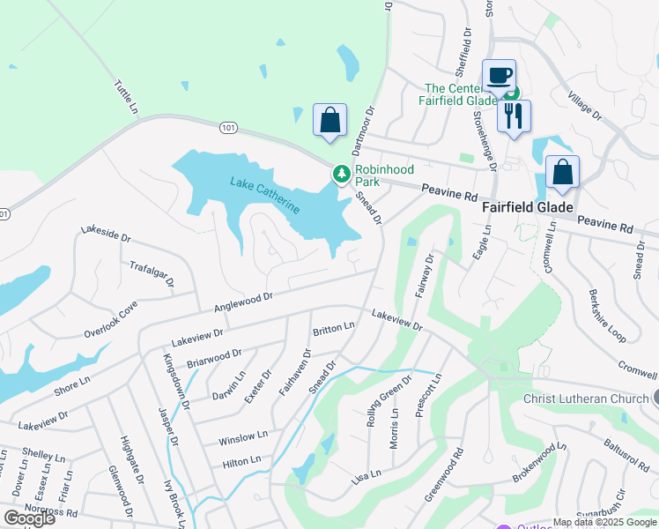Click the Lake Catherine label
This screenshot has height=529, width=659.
coord(265,195)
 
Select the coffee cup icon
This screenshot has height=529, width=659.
coord(499,76)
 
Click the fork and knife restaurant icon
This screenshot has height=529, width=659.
coord(514,115)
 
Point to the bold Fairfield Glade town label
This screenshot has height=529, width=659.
coord(528,208)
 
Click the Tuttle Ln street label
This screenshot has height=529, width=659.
coord(126,98)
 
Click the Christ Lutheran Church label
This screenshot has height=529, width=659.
coord(586,399)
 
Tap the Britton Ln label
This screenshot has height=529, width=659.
coord(333,329)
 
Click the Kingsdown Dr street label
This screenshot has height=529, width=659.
coord(177,382)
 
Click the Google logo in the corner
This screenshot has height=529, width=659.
coord(29,518)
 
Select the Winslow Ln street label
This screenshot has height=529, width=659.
coord(242,437)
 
